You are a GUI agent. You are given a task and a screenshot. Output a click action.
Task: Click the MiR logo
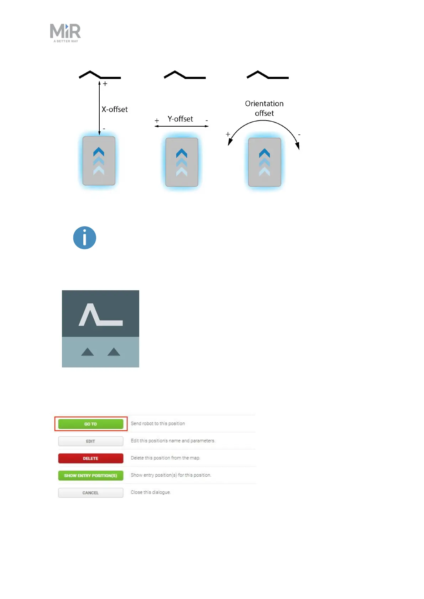[x=66, y=33]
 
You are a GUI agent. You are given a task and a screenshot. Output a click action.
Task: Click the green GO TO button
[x=90, y=424]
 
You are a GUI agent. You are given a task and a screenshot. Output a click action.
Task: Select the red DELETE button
[x=90, y=458]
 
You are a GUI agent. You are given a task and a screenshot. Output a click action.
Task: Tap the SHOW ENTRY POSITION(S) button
[x=90, y=476]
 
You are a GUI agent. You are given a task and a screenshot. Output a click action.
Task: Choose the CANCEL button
[x=90, y=493]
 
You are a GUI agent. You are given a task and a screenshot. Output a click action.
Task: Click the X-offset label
[x=115, y=110]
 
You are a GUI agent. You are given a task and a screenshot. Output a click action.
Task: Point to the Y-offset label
[x=180, y=119]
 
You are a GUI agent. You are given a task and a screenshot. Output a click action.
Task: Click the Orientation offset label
[x=264, y=108]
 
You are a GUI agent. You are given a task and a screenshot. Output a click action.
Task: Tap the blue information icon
[x=85, y=238]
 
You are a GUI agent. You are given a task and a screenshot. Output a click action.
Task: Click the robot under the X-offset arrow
[x=99, y=161]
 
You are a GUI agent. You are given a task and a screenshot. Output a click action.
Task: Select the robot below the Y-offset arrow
[x=182, y=162]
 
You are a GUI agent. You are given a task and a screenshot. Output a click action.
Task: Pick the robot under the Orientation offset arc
[x=265, y=162]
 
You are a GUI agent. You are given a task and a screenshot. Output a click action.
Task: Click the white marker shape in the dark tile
[x=100, y=315]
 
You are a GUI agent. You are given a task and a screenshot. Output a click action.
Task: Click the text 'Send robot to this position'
[x=158, y=424]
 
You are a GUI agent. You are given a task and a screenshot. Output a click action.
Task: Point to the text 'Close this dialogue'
[x=151, y=492]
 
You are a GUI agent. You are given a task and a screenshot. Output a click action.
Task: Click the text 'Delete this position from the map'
[x=165, y=458]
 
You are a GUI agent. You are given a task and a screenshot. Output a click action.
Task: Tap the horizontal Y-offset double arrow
[x=182, y=126]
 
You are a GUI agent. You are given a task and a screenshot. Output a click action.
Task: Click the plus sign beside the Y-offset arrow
[x=157, y=121]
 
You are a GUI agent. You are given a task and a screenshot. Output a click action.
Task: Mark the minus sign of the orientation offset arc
[x=299, y=135]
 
